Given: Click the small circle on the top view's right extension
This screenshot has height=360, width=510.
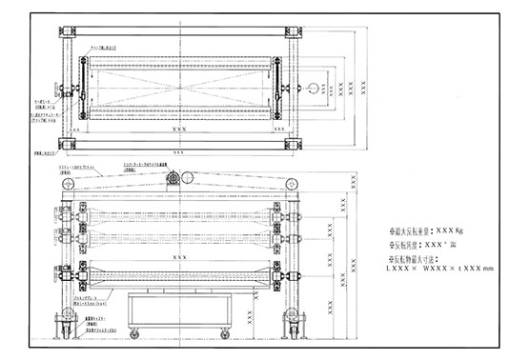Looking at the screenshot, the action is (x=312, y=84).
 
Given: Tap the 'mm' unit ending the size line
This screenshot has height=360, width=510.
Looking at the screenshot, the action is (x=489, y=270).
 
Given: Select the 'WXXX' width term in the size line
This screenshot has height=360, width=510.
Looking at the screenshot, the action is (x=435, y=270).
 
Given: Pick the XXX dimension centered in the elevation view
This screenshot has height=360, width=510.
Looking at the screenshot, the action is (x=178, y=257).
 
